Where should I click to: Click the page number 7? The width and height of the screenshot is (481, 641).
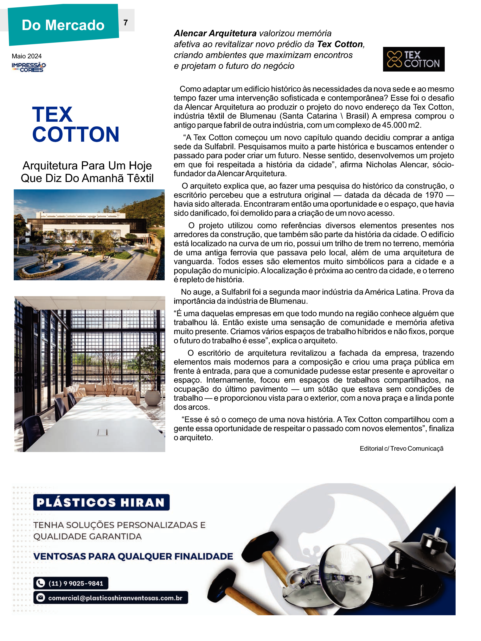pyautogui.click(x=125, y=23)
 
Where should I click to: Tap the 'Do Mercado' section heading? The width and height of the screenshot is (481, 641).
pyautogui.click(x=63, y=25)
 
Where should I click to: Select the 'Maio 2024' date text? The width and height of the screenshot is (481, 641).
pyautogui.click(x=27, y=56)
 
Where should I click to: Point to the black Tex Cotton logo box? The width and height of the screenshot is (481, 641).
pyautogui.click(x=414, y=59)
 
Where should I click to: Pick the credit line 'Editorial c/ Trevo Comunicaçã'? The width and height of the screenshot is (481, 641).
pyautogui.click(x=401, y=449)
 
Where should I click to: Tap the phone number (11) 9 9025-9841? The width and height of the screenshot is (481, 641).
pyautogui.click(x=76, y=583)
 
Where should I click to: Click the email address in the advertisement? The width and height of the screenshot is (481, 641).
pyautogui.click(x=115, y=598)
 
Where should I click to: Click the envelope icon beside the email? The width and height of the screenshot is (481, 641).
pyautogui.click(x=41, y=598)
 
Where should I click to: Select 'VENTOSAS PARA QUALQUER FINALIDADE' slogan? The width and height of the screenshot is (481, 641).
pyautogui.click(x=133, y=556)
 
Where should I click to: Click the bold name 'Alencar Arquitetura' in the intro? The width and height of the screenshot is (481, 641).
pyautogui.click(x=215, y=33)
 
